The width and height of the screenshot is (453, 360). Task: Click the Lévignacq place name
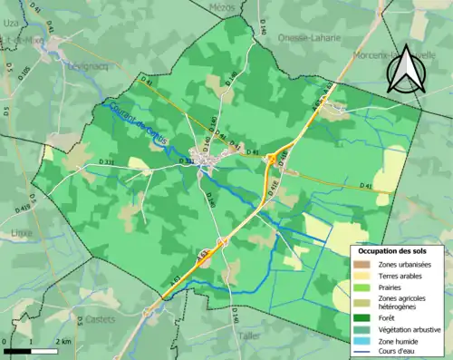(85, 65)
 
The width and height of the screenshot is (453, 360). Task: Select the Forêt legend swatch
(362, 317)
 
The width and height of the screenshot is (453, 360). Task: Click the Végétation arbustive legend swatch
(362, 330)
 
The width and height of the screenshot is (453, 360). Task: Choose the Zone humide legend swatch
(362, 342)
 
